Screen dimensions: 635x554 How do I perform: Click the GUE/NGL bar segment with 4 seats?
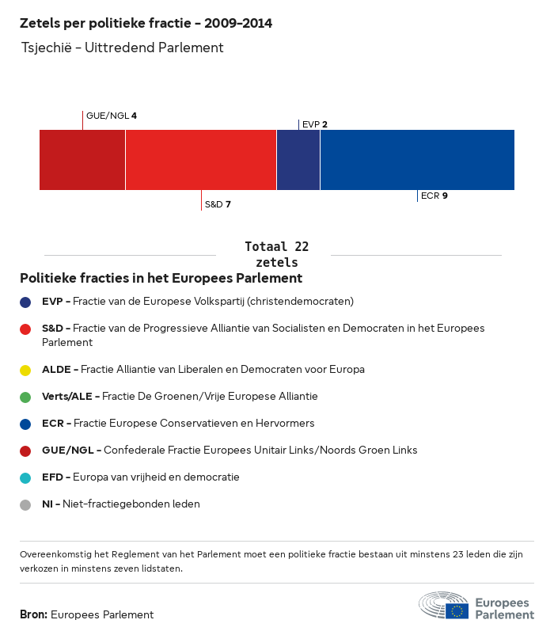pos(82,160)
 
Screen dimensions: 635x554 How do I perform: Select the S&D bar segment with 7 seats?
pos(201,160)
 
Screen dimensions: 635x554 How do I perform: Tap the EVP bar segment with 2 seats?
pos(298,160)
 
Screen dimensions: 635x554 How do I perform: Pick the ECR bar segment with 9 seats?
pos(417,160)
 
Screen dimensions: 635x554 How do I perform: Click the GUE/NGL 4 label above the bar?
pos(111,116)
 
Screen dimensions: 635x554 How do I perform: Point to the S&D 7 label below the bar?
pos(218,204)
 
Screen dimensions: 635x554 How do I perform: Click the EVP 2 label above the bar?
pos(314,124)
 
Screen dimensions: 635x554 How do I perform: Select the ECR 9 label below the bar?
pos(434,196)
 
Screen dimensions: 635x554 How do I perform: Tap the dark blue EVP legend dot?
pos(26,302)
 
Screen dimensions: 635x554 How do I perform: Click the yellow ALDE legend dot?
pos(26,370)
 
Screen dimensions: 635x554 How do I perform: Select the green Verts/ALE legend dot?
pos(26,397)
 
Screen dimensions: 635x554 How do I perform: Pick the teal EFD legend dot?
pos(26,477)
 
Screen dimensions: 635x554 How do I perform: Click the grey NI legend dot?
pos(26,504)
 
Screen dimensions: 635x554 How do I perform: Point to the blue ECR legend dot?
pos(26,424)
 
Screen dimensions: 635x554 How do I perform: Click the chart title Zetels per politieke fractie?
pos(146,23)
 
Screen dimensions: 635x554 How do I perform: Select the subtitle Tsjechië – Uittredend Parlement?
pos(123,48)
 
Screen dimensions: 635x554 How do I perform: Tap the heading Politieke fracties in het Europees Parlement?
pos(161,278)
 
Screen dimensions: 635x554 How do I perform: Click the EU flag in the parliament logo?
pos(457,610)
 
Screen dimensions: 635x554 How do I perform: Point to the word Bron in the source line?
pos(33,614)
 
